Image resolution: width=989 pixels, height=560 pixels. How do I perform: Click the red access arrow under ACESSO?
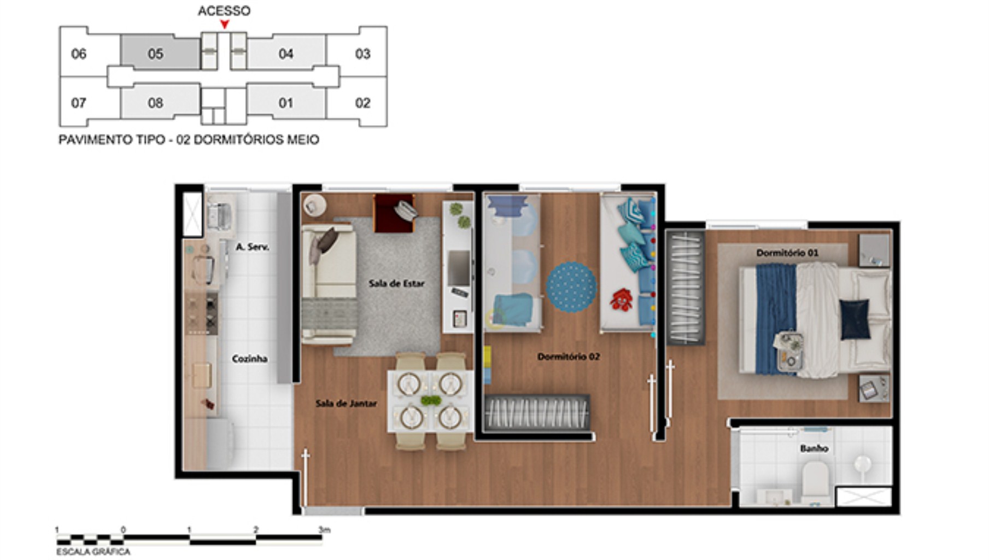tap(224, 24)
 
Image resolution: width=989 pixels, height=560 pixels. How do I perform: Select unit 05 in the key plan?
tap(156, 54)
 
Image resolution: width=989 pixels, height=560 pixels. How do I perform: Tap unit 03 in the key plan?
tap(362, 54)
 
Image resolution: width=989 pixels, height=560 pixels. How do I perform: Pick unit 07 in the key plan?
tap(79, 103)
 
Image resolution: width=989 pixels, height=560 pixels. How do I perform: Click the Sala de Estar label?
tap(396, 283)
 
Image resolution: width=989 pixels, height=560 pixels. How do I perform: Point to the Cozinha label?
tap(250, 359)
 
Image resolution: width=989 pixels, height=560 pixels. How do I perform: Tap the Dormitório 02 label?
tap(569, 357)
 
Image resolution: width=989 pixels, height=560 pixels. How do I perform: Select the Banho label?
tap(814, 448)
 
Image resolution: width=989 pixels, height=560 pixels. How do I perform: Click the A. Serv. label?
tap(252, 247)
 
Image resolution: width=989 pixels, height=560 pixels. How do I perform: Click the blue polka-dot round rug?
tap(571, 287)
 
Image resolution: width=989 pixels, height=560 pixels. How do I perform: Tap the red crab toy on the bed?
tap(621, 300)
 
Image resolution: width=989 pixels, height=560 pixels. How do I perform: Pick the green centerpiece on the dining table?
tap(431, 401)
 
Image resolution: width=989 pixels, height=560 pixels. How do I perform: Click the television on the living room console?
tap(459, 267)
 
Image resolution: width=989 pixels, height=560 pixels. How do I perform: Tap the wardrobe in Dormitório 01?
tap(685, 288)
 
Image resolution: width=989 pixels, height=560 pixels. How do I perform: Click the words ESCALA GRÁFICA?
tap(93, 552)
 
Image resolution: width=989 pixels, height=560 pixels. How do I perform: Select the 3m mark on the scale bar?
tap(324, 530)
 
